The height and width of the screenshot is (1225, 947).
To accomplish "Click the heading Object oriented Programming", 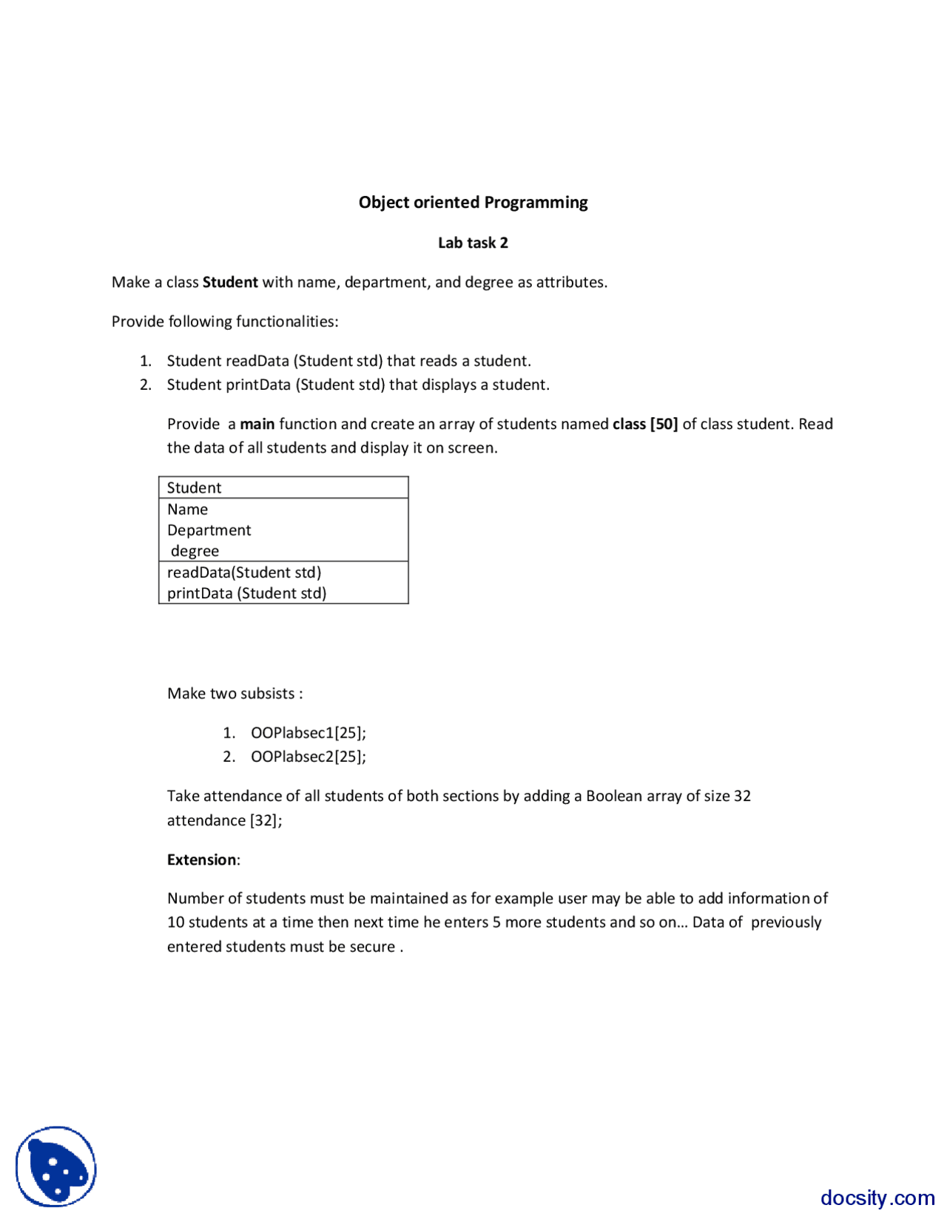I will click(473, 202).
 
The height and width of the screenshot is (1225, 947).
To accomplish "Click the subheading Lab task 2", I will click(473, 243).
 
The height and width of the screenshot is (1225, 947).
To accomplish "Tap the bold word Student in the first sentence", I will click(230, 282).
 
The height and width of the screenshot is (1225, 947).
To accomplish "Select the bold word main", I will click(257, 424).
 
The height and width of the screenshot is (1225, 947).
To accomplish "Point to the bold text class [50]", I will click(645, 424).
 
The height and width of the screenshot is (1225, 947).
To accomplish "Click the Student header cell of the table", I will click(194, 487).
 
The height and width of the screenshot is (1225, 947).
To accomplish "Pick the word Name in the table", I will click(187, 509).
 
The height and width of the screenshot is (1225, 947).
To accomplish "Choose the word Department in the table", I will click(209, 530).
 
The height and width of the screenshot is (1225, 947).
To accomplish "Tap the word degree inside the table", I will click(195, 551).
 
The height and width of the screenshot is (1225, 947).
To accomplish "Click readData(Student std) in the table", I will click(243, 572).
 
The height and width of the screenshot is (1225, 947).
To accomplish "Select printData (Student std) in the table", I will click(246, 593).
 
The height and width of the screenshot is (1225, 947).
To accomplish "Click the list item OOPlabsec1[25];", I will click(308, 732).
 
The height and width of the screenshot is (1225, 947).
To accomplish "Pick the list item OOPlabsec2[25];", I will click(308, 756).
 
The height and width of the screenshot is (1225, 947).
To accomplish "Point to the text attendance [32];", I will click(224, 820).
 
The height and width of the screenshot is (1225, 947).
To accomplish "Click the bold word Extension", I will click(201, 860).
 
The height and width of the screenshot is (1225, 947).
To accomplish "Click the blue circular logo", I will click(56, 1167).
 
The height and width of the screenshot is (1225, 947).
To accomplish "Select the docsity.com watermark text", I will click(877, 1197).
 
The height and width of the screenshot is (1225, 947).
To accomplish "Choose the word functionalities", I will click(287, 321).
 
